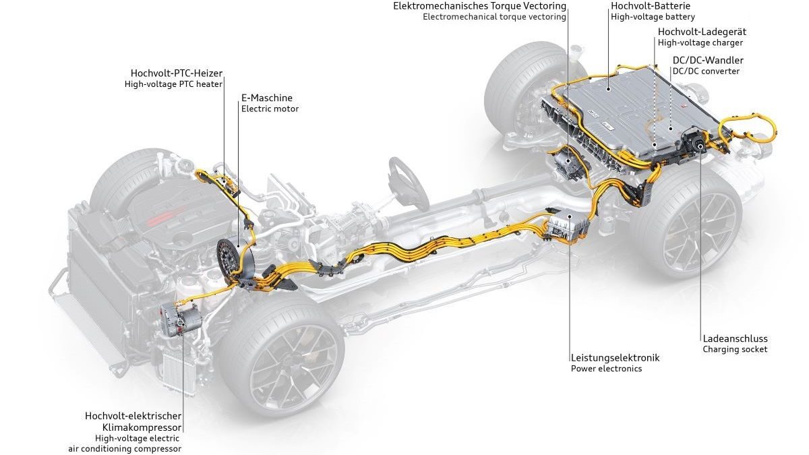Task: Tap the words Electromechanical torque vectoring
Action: coord(494,17)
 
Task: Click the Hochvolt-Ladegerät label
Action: coord(702,32)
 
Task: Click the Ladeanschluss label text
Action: coord(735,338)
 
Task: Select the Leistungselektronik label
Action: coord(614,357)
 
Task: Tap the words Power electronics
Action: coord(606,369)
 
